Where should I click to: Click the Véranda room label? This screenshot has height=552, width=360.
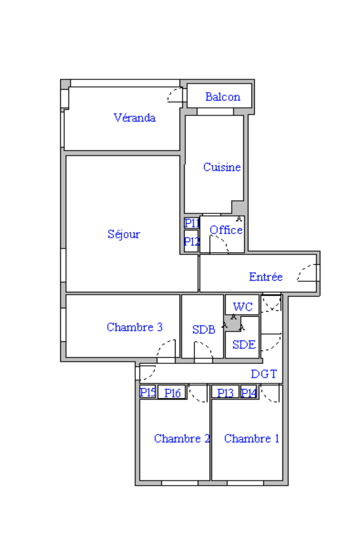[134, 118]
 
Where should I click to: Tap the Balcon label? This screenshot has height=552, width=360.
[223, 97]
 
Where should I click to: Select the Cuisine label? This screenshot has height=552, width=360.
[222, 167]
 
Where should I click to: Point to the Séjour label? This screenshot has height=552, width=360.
[124, 234]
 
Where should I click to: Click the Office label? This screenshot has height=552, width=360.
[226, 230]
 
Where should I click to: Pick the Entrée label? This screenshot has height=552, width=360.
[265, 277]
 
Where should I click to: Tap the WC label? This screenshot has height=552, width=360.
[243, 307]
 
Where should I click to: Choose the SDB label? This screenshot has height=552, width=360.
[204, 330]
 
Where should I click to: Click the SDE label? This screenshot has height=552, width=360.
[244, 344]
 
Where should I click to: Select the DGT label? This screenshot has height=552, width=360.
[264, 374]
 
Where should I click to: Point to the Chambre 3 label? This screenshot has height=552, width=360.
[135, 327]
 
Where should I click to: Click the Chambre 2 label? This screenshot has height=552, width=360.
[182, 438]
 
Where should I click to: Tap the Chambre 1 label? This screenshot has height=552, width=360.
[251, 438]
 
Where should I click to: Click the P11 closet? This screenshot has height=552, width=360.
[192, 223]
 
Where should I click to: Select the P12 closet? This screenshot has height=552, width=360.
[191, 241]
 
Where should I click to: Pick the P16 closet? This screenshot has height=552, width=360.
[172, 392]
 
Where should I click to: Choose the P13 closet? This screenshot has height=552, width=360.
[225, 391]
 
